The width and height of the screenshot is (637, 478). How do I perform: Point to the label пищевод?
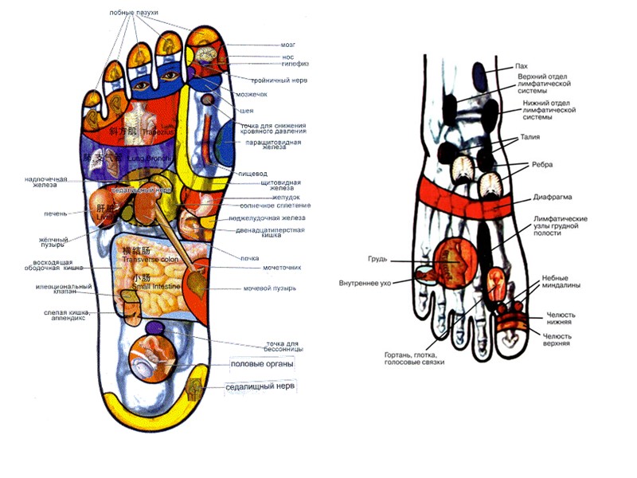[252, 173]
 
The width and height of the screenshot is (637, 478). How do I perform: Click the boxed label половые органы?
[261, 364]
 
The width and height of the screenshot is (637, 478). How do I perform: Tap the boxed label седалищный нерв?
[260, 386]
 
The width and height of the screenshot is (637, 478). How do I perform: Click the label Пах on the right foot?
[522, 66]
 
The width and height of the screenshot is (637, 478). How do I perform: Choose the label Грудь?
[377, 259]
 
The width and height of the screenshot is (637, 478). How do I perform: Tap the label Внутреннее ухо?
[365, 282]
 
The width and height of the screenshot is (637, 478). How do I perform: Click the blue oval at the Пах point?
[480, 76]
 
